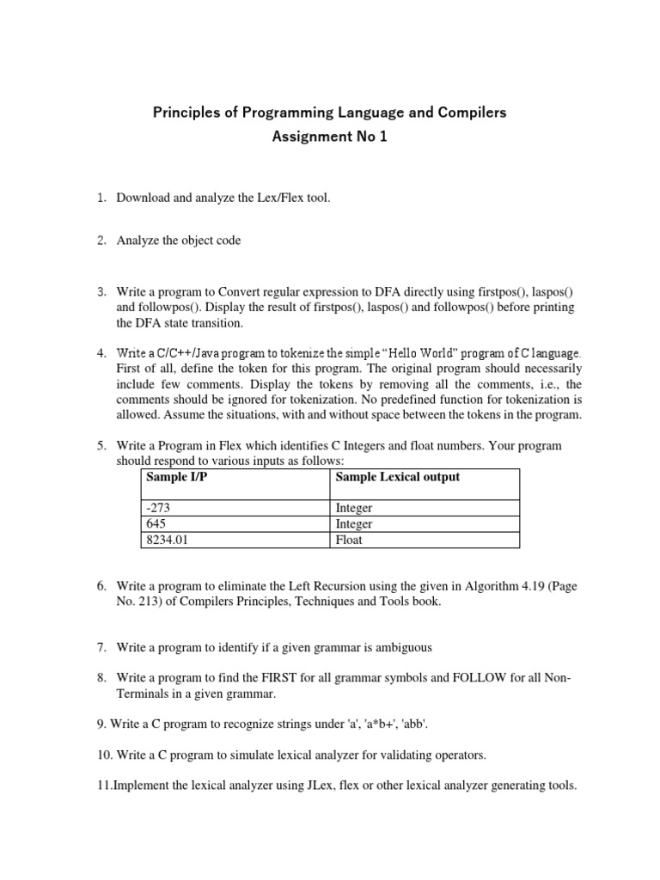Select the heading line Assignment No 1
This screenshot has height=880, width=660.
[330, 137]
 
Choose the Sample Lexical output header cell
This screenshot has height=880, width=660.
[397, 477]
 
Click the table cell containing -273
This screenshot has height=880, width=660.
[160, 508]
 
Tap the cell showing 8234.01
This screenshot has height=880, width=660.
[167, 540]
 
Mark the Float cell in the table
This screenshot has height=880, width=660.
[349, 540]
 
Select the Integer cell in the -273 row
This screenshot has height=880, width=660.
[354, 508]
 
